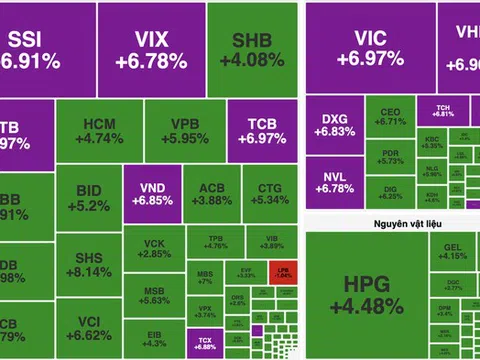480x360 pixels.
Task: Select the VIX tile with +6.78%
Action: (x=150, y=49)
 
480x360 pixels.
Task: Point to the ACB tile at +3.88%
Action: (x=211, y=194)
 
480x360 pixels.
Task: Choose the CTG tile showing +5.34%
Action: (x=264, y=194)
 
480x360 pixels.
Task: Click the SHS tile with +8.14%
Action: (x=87, y=264)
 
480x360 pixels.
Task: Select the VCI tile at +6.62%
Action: (x=87, y=328)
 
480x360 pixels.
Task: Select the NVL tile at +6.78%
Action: (x=333, y=183)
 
